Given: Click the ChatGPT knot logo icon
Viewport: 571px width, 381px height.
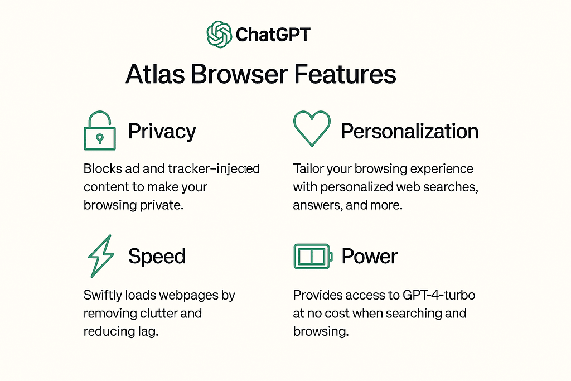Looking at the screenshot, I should (x=219, y=35).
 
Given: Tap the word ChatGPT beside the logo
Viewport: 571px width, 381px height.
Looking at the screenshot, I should (x=273, y=35).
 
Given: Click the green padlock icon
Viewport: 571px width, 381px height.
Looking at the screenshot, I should (x=99, y=131).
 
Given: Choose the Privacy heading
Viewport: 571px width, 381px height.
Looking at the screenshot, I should (x=162, y=132).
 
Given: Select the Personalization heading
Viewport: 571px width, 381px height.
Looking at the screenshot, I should (x=409, y=131).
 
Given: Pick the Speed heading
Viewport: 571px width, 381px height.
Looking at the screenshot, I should (x=157, y=257).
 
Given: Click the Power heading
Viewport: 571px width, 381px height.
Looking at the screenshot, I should (x=370, y=257).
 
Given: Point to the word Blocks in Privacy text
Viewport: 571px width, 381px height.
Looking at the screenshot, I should (x=101, y=168).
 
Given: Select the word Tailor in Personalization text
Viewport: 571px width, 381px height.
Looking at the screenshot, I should (x=309, y=168).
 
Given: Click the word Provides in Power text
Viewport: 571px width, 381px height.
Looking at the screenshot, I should (x=316, y=295).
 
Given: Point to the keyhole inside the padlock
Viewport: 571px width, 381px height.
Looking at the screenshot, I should (x=99, y=137).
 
